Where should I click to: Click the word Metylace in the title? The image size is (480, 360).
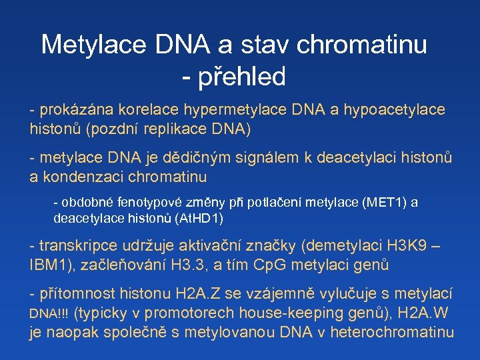[93, 45]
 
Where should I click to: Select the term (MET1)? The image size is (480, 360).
[381, 202]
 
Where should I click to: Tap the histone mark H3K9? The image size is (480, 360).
[411, 245]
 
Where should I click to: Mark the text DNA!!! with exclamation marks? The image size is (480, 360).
[50, 313]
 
